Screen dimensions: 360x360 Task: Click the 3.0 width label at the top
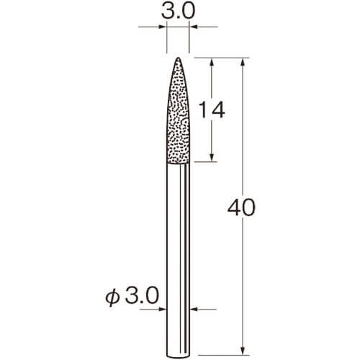click(178, 11)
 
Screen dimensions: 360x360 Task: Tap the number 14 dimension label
click(212, 109)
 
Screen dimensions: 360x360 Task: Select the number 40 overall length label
click(241, 207)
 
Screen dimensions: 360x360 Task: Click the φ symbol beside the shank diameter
click(112, 297)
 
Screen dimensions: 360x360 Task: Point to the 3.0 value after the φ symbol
click(142, 296)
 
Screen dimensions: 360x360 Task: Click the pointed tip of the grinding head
click(178, 58)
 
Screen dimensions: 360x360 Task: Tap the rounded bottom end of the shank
click(178, 356)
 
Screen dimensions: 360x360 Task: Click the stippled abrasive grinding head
click(178, 111)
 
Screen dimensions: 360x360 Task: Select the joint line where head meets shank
click(178, 164)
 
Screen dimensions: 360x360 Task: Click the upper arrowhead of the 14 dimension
click(212, 62)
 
